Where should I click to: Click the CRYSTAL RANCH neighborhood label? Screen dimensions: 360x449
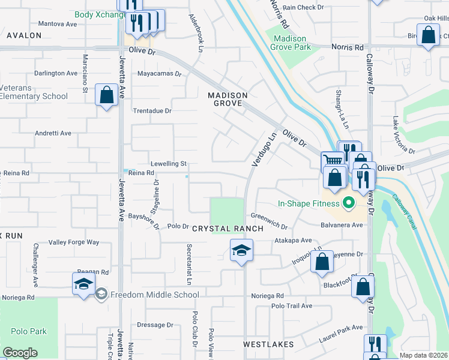(x=228, y=229)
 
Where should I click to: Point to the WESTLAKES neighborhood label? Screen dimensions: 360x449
(x=268, y=344)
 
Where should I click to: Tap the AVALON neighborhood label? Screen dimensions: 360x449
(x=24, y=35)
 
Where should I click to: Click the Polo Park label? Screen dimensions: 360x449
(x=29, y=331)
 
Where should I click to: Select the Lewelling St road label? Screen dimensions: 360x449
(x=169, y=163)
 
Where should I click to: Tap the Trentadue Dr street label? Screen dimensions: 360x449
(x=152, y=111)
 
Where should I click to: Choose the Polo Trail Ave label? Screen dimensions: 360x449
(x=292, y=305)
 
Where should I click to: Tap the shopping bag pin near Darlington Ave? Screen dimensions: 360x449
(x=106, y=95)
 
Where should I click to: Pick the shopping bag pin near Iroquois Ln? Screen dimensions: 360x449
(x=322, y=262)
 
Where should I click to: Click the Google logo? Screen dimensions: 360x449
(x=20, y=352)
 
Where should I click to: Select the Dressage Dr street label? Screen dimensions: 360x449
(x=155, y=325)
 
